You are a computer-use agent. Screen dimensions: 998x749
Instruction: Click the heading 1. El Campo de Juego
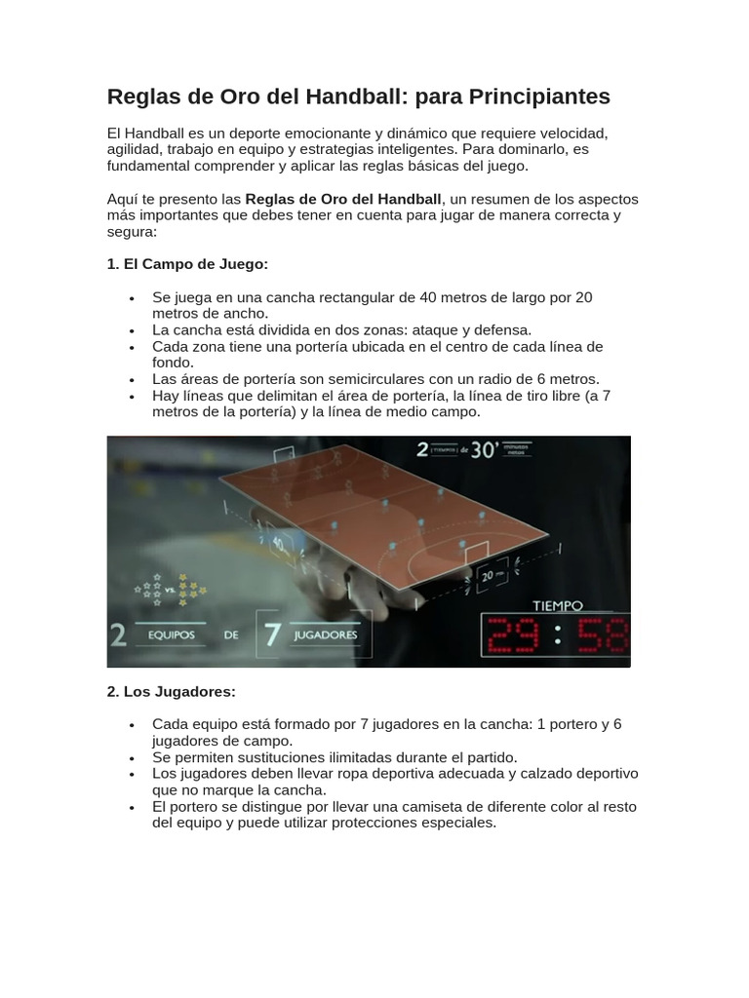click(187, 265)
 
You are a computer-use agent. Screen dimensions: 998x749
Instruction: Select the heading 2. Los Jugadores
click(171, 692)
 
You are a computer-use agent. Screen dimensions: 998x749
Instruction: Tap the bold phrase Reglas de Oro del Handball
click(343, 199)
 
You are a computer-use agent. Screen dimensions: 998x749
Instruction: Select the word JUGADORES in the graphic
click(326, 634)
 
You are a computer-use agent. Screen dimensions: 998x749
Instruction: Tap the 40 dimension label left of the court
click(278, 542)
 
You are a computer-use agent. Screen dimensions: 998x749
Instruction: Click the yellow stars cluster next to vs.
click(191, 587)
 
